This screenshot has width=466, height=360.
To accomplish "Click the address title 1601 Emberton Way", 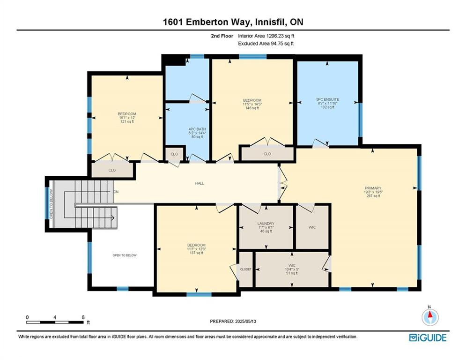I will point(233,22).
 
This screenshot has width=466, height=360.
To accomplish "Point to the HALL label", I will point(200,183).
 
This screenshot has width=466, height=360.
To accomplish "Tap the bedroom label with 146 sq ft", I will point(252,104).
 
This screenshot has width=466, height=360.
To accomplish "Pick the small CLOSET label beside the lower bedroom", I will point(246,270).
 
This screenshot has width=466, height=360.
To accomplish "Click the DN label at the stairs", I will point(116,192).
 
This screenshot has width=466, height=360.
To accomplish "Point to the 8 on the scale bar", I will point(83,317).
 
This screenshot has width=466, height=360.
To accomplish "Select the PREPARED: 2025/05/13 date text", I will point(233,321).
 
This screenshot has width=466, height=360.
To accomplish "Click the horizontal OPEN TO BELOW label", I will point(124,255).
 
